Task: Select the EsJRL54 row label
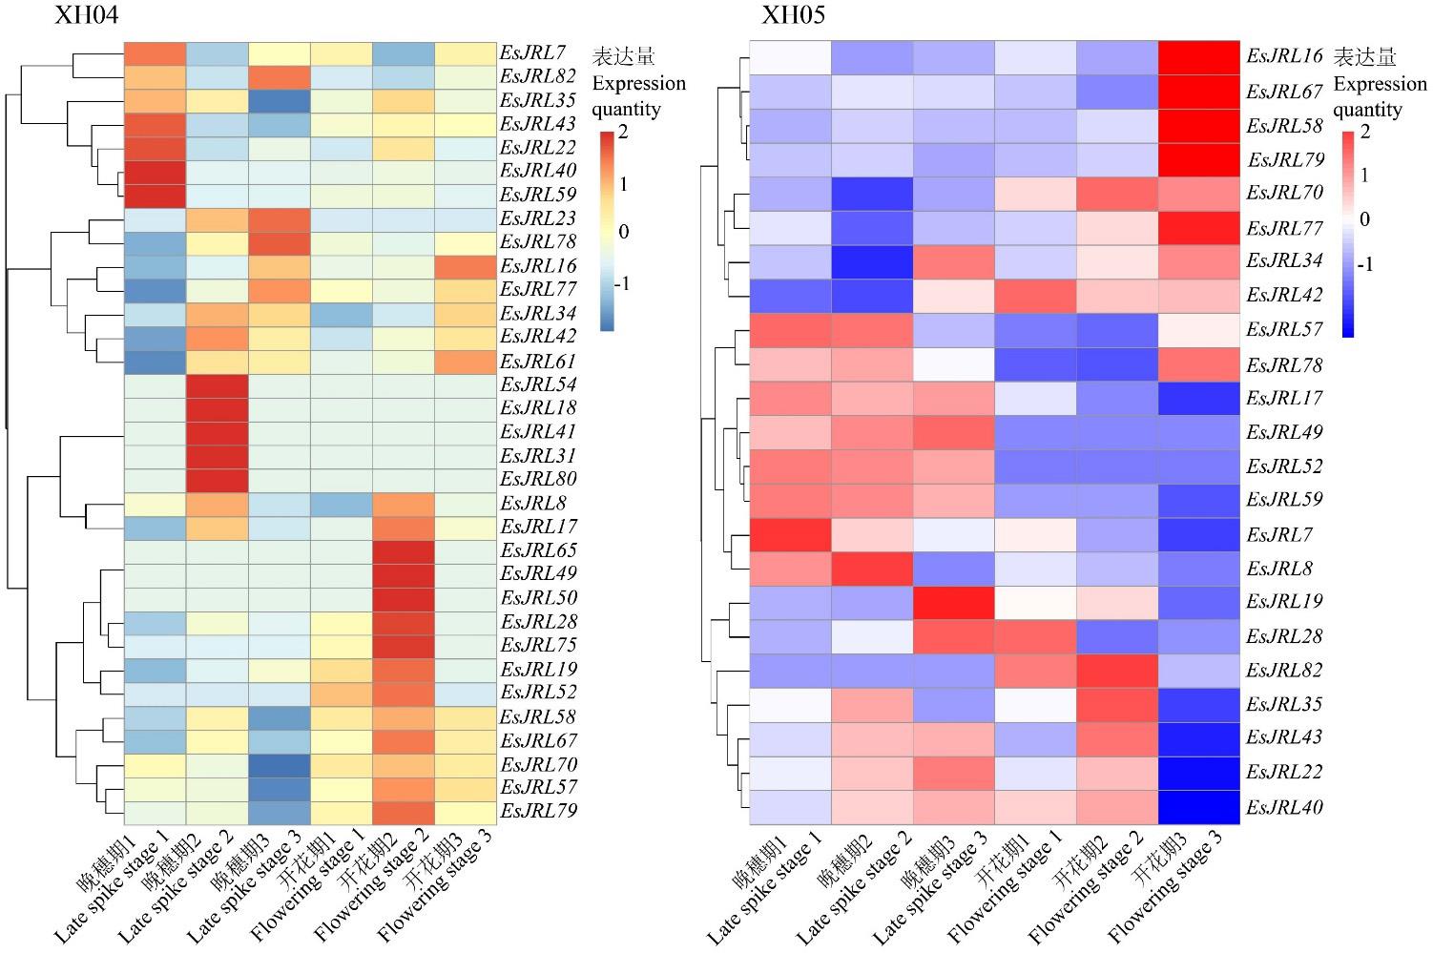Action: coord(538,384)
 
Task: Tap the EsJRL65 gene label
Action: coord(538,550)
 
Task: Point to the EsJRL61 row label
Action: coord(538,361)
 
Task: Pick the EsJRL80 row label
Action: coord(538,479)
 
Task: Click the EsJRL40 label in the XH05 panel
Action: coord(1284,807)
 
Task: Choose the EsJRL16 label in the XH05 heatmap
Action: coord(1284,56)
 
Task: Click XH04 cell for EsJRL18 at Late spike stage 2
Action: coord(218,408)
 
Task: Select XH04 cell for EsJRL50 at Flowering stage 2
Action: coord(404,598)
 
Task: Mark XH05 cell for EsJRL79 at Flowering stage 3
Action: coord(1198,159)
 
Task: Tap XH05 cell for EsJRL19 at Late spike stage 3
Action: coord(953,602)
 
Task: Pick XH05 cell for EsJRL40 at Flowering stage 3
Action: coord(1198,807)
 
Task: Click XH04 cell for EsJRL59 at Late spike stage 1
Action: coord(156,195)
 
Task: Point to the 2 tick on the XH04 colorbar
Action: coord(623,133)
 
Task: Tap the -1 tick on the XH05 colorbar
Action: coord(1365,264)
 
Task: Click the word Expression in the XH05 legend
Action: coord(1380,84)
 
